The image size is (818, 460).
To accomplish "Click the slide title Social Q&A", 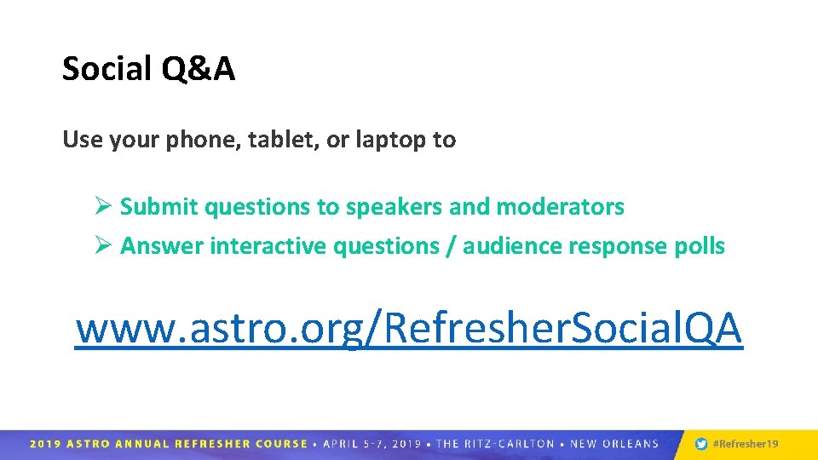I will (x=148, y=69).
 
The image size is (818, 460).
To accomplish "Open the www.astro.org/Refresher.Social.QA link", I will (x=409, y=329).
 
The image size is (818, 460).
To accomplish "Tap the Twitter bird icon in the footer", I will (x=701, y=444).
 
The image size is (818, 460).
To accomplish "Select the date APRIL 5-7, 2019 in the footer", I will (x=371, y=444).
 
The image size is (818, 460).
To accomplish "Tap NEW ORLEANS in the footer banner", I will (x=615, y=444).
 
